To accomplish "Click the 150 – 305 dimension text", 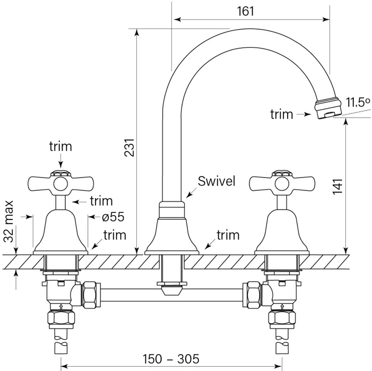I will click(x=171, y=359).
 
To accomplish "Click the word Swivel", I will click(x=216, y=181).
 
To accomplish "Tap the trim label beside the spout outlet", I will click(x=281, y=114).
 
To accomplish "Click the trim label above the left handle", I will click(x=60, y=146).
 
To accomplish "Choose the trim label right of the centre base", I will click(x=228, y=234).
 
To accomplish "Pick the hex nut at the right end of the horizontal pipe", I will click(x=252, y=294).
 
